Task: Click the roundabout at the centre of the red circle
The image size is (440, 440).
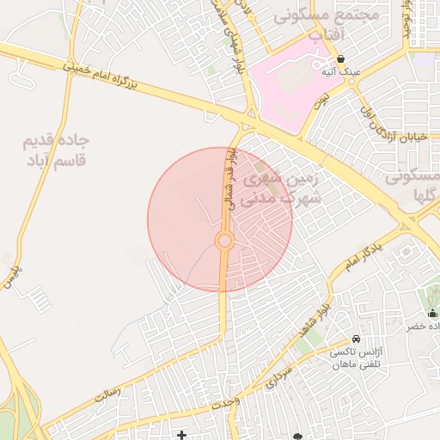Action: [225, 241]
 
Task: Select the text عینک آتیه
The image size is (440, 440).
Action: [340, 72]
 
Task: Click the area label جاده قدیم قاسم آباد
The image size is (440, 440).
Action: [58, 150]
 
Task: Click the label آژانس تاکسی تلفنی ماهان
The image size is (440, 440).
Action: [353, 358]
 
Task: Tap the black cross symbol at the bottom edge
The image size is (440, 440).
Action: [180, 436]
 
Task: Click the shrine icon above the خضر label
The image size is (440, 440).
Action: [431, 313]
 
